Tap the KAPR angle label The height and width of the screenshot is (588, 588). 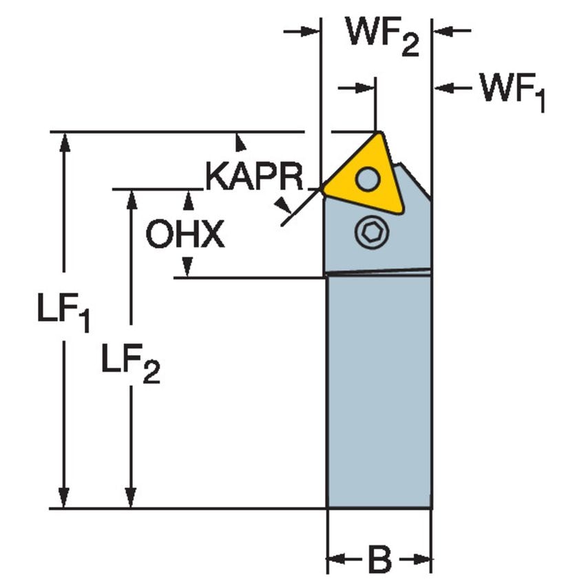click(x=254, y=178)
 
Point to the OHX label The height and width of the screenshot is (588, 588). click(x=185, y=235)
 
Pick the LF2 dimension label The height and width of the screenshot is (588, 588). click(x=130, y=361)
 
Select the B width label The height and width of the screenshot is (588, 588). click(x=379, y=558)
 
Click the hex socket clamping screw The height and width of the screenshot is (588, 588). click(x=372, y=233)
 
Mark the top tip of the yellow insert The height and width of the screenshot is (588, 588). click(x=377, y=133)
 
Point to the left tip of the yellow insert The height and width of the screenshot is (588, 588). click(x=322, y=187)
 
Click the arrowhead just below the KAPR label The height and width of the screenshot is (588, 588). click(x=282, y=204)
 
